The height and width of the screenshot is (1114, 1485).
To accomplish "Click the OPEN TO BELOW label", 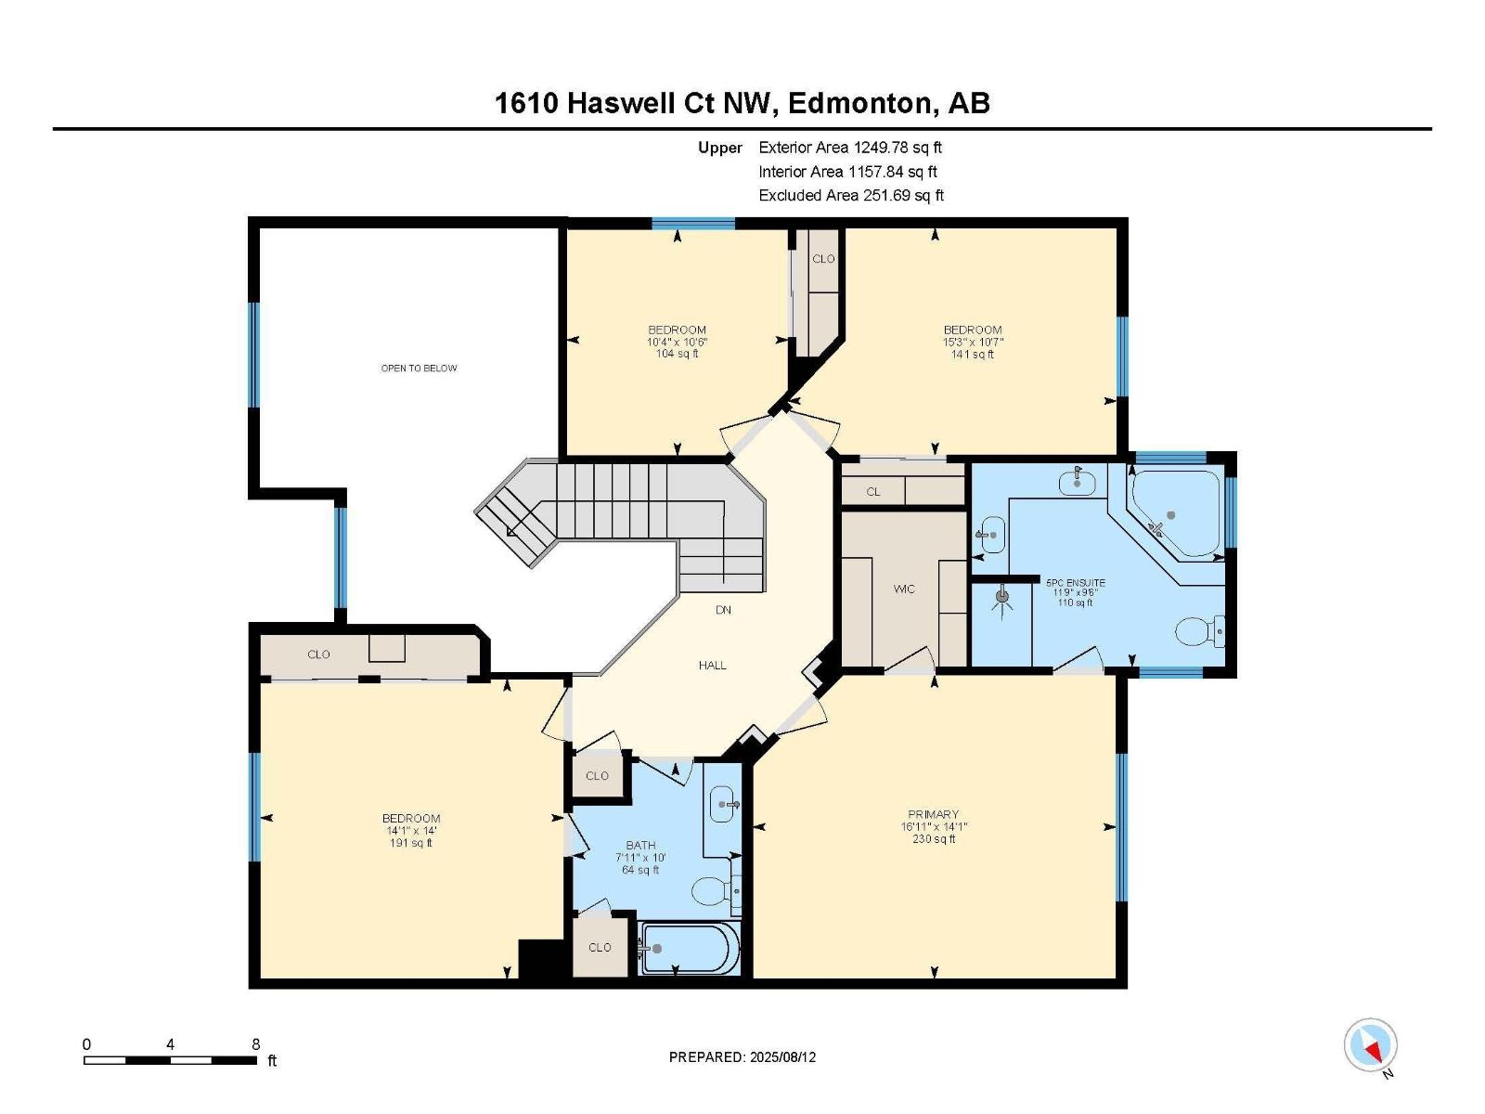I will (x=419, y=369).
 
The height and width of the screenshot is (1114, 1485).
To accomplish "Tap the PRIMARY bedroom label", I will (x=933, y=814).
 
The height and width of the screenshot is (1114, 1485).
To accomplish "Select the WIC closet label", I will (x=903, y=589).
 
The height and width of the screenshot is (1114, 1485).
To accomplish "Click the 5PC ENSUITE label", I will (x=1075, y=583).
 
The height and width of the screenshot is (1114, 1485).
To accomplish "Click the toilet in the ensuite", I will (x=1197, y=632).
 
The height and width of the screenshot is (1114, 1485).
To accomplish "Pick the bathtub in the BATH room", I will (x=689, y=949).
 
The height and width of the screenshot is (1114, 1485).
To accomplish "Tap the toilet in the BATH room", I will (x=715, y=891).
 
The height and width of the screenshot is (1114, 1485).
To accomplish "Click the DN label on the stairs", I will (x=723, y=610).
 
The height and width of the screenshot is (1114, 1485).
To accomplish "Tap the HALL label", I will (x=712, y=665).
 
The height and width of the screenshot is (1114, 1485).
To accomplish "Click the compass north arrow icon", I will (x=1370, y=1045).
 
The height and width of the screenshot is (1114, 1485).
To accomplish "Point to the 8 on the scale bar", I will (x=256, y=1043).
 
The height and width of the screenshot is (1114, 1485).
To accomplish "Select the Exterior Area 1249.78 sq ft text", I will (x=849, y=147).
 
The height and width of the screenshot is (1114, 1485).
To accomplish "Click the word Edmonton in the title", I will (x=858, y=103).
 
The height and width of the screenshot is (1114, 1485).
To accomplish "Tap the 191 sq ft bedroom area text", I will (x=410, y=843).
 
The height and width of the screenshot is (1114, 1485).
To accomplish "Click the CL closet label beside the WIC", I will (x=872, y=491).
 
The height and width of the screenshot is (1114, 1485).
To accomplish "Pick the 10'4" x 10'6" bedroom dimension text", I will (x=677, y=342).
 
